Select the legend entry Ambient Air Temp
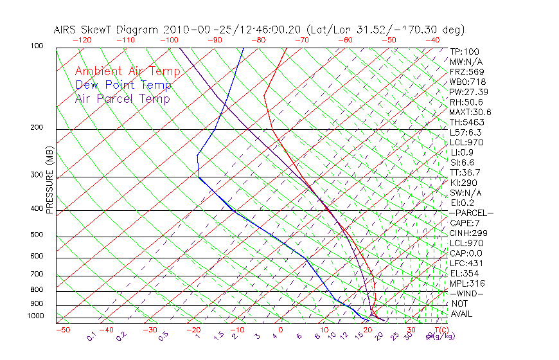point(127,71)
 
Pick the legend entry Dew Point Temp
point(123,85)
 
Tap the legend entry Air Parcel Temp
point(122,98)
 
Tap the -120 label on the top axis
point(82,40)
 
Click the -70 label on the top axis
point(301,40)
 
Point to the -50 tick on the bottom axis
point(63,330)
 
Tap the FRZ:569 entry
point(465,72)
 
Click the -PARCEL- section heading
point(471,213)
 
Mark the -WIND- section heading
point(466,293)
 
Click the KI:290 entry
point(463,183)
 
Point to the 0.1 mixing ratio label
point(91,337)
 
